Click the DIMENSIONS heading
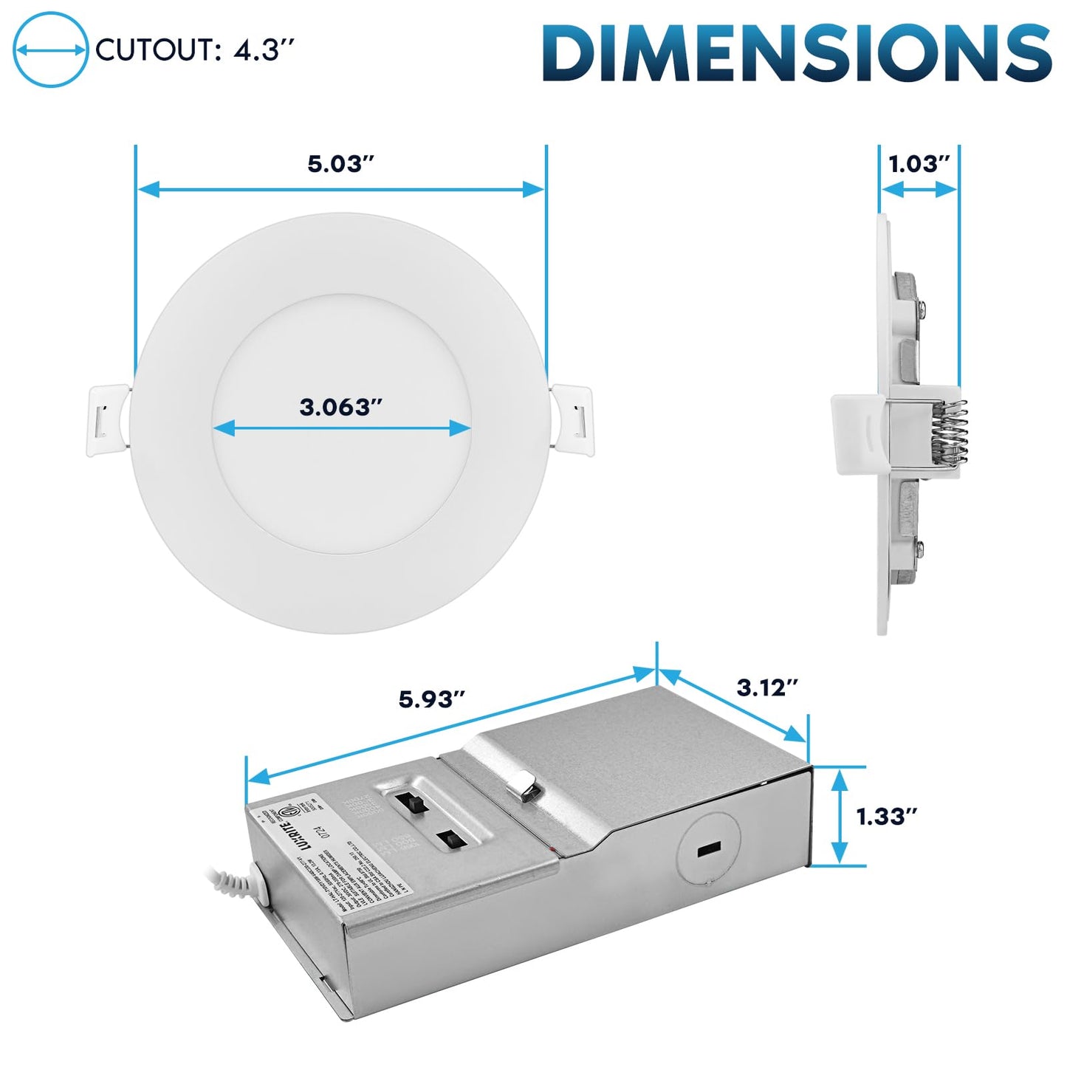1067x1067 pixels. pos(797,53)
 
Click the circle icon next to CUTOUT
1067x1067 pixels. pos(50,50)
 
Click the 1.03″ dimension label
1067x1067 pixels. pos(919,164)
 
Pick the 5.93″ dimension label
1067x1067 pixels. pos(432,699)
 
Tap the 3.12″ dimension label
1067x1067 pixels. pos(768,687)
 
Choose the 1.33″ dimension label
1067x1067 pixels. pos(886,817)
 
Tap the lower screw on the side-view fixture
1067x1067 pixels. pos(919,547)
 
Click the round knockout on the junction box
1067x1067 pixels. pos(707,849)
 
